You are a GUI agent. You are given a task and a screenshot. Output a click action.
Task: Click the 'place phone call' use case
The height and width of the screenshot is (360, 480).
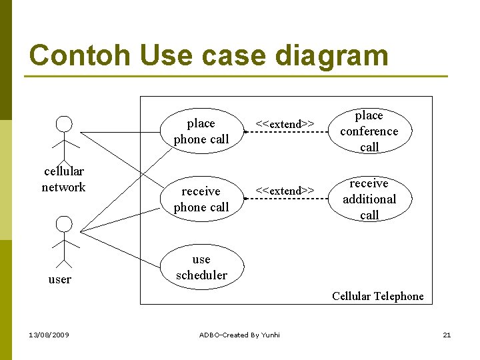(201, 131)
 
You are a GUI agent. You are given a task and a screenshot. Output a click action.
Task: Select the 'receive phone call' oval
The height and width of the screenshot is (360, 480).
(201, 199)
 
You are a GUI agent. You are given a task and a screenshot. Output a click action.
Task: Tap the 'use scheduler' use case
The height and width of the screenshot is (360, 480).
(201, 267)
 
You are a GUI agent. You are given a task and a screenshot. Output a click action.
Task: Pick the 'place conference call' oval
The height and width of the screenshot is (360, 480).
(369, 131)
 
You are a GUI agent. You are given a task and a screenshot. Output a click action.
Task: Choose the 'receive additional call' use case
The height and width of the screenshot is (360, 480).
(369, 199)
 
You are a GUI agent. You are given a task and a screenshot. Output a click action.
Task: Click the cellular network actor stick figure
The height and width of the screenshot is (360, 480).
(64, 137)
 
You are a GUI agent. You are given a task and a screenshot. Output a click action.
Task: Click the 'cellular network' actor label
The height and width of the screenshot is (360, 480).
(63, 179)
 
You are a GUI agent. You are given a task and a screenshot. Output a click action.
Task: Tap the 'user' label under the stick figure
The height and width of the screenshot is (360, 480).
(60, 279)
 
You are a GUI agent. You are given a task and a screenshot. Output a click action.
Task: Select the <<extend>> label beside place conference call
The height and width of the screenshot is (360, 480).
(285, 124)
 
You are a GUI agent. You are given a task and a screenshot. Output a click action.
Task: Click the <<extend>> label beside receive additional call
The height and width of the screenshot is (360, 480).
(285, 191)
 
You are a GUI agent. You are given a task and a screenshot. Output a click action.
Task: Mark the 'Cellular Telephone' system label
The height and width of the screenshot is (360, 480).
(377, 296)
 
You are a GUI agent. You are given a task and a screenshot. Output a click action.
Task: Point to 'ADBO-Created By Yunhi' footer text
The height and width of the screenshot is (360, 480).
(240, 335)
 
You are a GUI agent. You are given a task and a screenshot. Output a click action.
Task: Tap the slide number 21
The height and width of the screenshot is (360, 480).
(447, 335)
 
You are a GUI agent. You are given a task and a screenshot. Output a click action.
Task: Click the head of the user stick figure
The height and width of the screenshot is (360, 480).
(64, 224)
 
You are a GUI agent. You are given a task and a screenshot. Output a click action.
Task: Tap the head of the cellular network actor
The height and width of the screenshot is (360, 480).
(64, 124)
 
